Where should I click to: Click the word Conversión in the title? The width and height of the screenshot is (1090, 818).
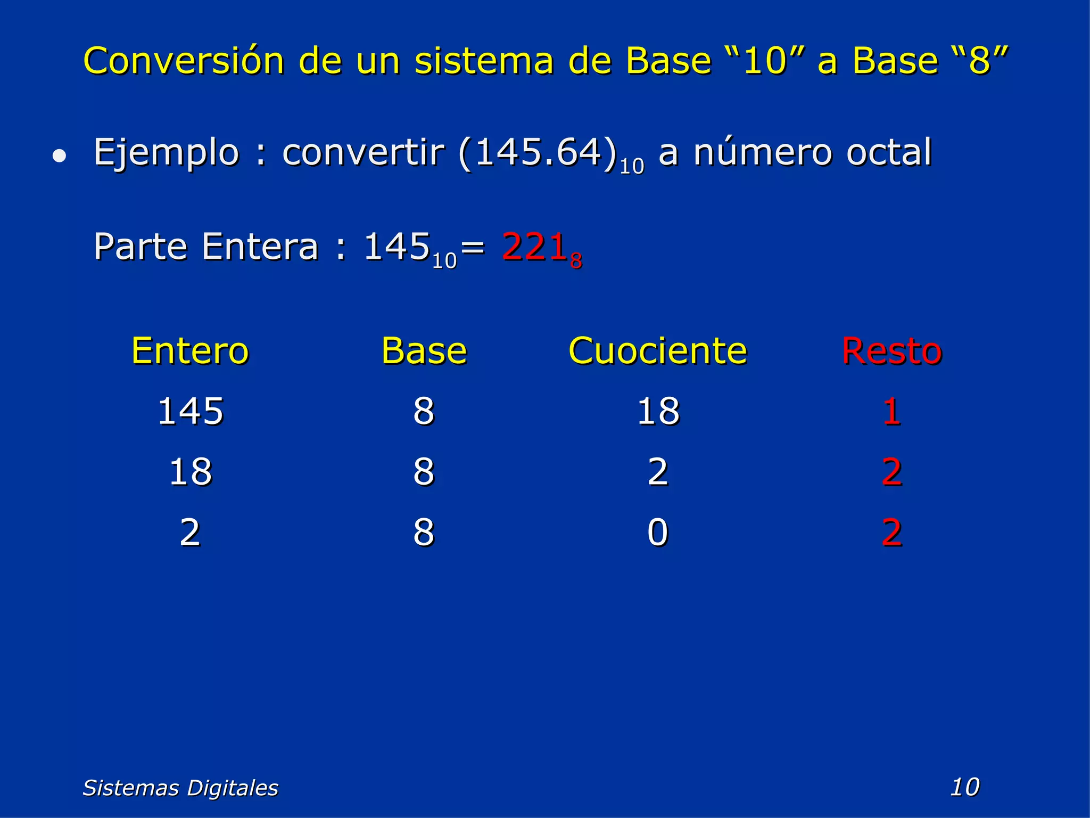pos(184,60)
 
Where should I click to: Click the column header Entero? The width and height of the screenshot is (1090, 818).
pos(190,351)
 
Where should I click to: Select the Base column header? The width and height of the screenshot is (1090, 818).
pos(424,351)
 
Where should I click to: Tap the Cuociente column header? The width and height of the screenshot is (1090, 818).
pos(658,351)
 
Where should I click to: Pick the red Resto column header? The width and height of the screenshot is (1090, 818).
pos(892,351)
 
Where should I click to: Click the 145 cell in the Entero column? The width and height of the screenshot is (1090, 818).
pos(191,412)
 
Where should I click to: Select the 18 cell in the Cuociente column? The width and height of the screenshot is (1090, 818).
pos(658,412)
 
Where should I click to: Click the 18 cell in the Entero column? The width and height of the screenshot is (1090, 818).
pos(191,472)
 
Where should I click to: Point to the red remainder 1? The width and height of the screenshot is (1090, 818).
pos(891,412)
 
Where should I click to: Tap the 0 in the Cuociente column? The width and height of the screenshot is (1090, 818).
pos(658,532)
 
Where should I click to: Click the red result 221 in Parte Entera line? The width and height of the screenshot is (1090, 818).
pos(535,247)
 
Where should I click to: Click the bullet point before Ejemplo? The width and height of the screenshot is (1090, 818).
pos(60,156)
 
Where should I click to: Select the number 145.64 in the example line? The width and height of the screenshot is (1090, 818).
pos(538,153)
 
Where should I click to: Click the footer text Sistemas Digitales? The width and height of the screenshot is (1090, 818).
pos(180,788)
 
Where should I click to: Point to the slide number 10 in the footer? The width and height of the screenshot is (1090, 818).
pos(964,787)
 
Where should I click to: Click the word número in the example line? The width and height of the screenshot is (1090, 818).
pos(763,153)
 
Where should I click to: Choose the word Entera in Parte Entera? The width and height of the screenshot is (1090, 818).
pos(260,247)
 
